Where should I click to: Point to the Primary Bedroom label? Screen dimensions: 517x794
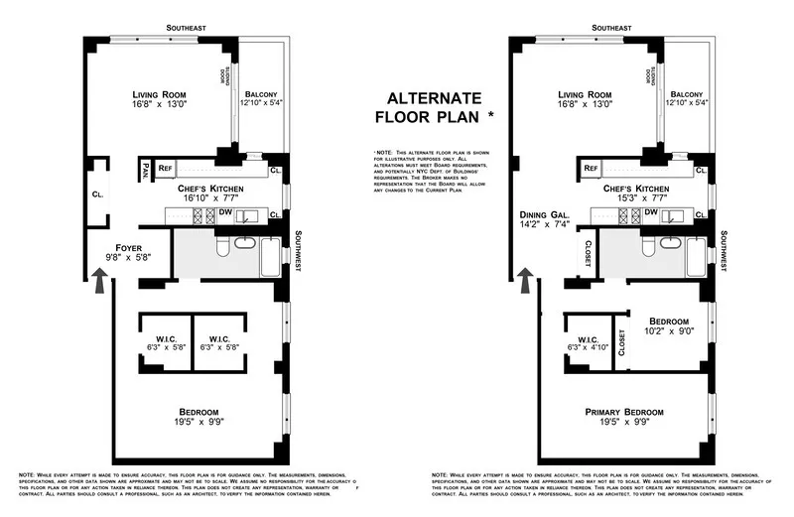tap(622, 411)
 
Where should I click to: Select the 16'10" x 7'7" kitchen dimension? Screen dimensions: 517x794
tap(212, 198)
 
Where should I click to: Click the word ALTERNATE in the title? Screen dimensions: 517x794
tap(434, 98)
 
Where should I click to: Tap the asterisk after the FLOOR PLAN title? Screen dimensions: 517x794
tap(490, 115)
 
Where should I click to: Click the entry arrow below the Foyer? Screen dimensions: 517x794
tap(100, 282)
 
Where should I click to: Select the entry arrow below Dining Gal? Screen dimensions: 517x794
tap(525, 282)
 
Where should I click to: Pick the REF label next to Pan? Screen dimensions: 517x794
tap(165, 170)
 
